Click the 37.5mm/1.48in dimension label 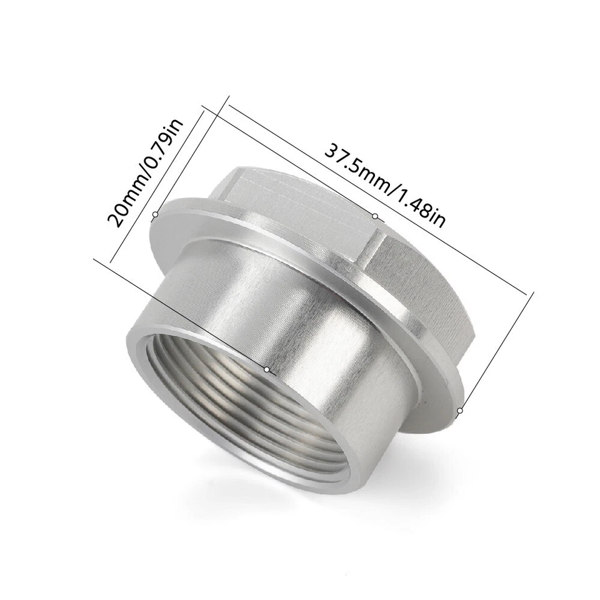384,186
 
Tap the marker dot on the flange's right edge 459,411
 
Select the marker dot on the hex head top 375,216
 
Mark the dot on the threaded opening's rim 267,369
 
